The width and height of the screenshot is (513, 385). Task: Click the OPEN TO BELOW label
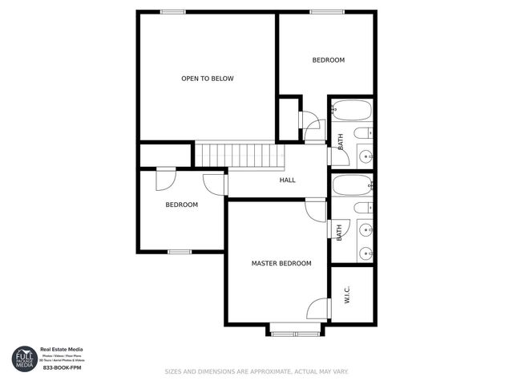207,79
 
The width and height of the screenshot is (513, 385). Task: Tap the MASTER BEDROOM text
281,263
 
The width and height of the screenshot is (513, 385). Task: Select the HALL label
287,180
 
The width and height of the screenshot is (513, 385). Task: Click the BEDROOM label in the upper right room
328,60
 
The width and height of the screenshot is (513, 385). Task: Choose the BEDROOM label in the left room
181,205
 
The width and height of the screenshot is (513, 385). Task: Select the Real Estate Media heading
62,349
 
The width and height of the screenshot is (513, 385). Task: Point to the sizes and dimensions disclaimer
256,371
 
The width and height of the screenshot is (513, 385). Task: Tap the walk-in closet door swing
320,309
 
